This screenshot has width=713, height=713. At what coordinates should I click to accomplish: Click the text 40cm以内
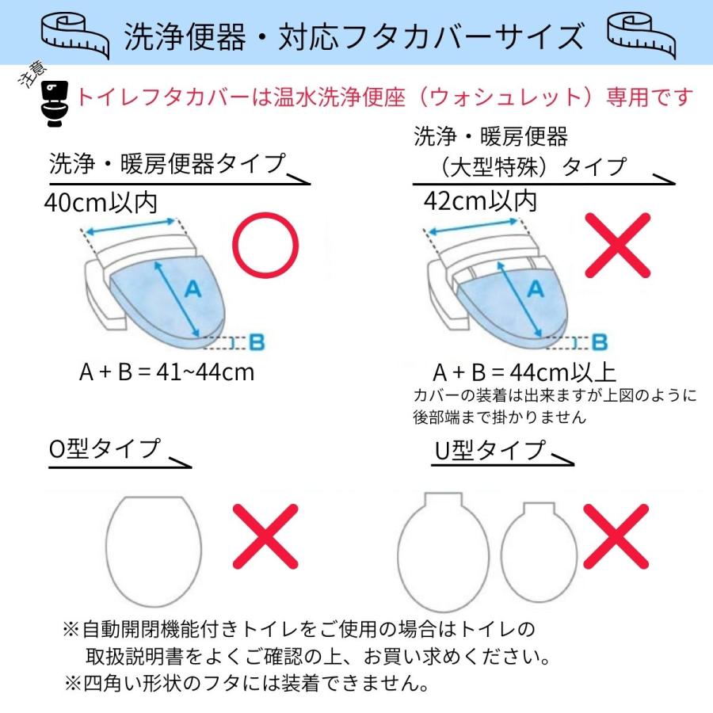101,204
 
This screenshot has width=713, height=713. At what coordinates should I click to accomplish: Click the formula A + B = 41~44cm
166,372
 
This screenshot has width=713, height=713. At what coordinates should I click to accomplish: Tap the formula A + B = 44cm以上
524,372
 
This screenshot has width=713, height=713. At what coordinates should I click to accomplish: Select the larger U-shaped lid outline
444,551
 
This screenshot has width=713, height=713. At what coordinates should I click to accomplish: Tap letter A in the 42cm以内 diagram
536,291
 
